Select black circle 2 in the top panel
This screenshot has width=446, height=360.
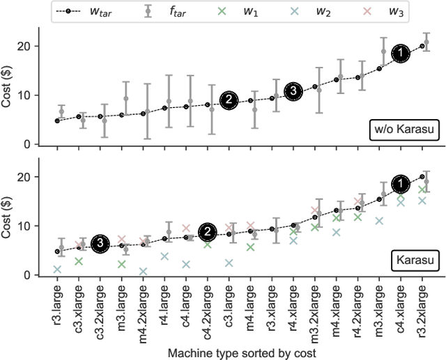click(x=229, y=100)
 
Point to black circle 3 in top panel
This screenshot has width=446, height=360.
click(x=294, y=91)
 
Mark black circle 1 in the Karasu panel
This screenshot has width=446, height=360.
click(x=401, y=185)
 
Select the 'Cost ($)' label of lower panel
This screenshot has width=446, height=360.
click(x=8, y=216)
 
